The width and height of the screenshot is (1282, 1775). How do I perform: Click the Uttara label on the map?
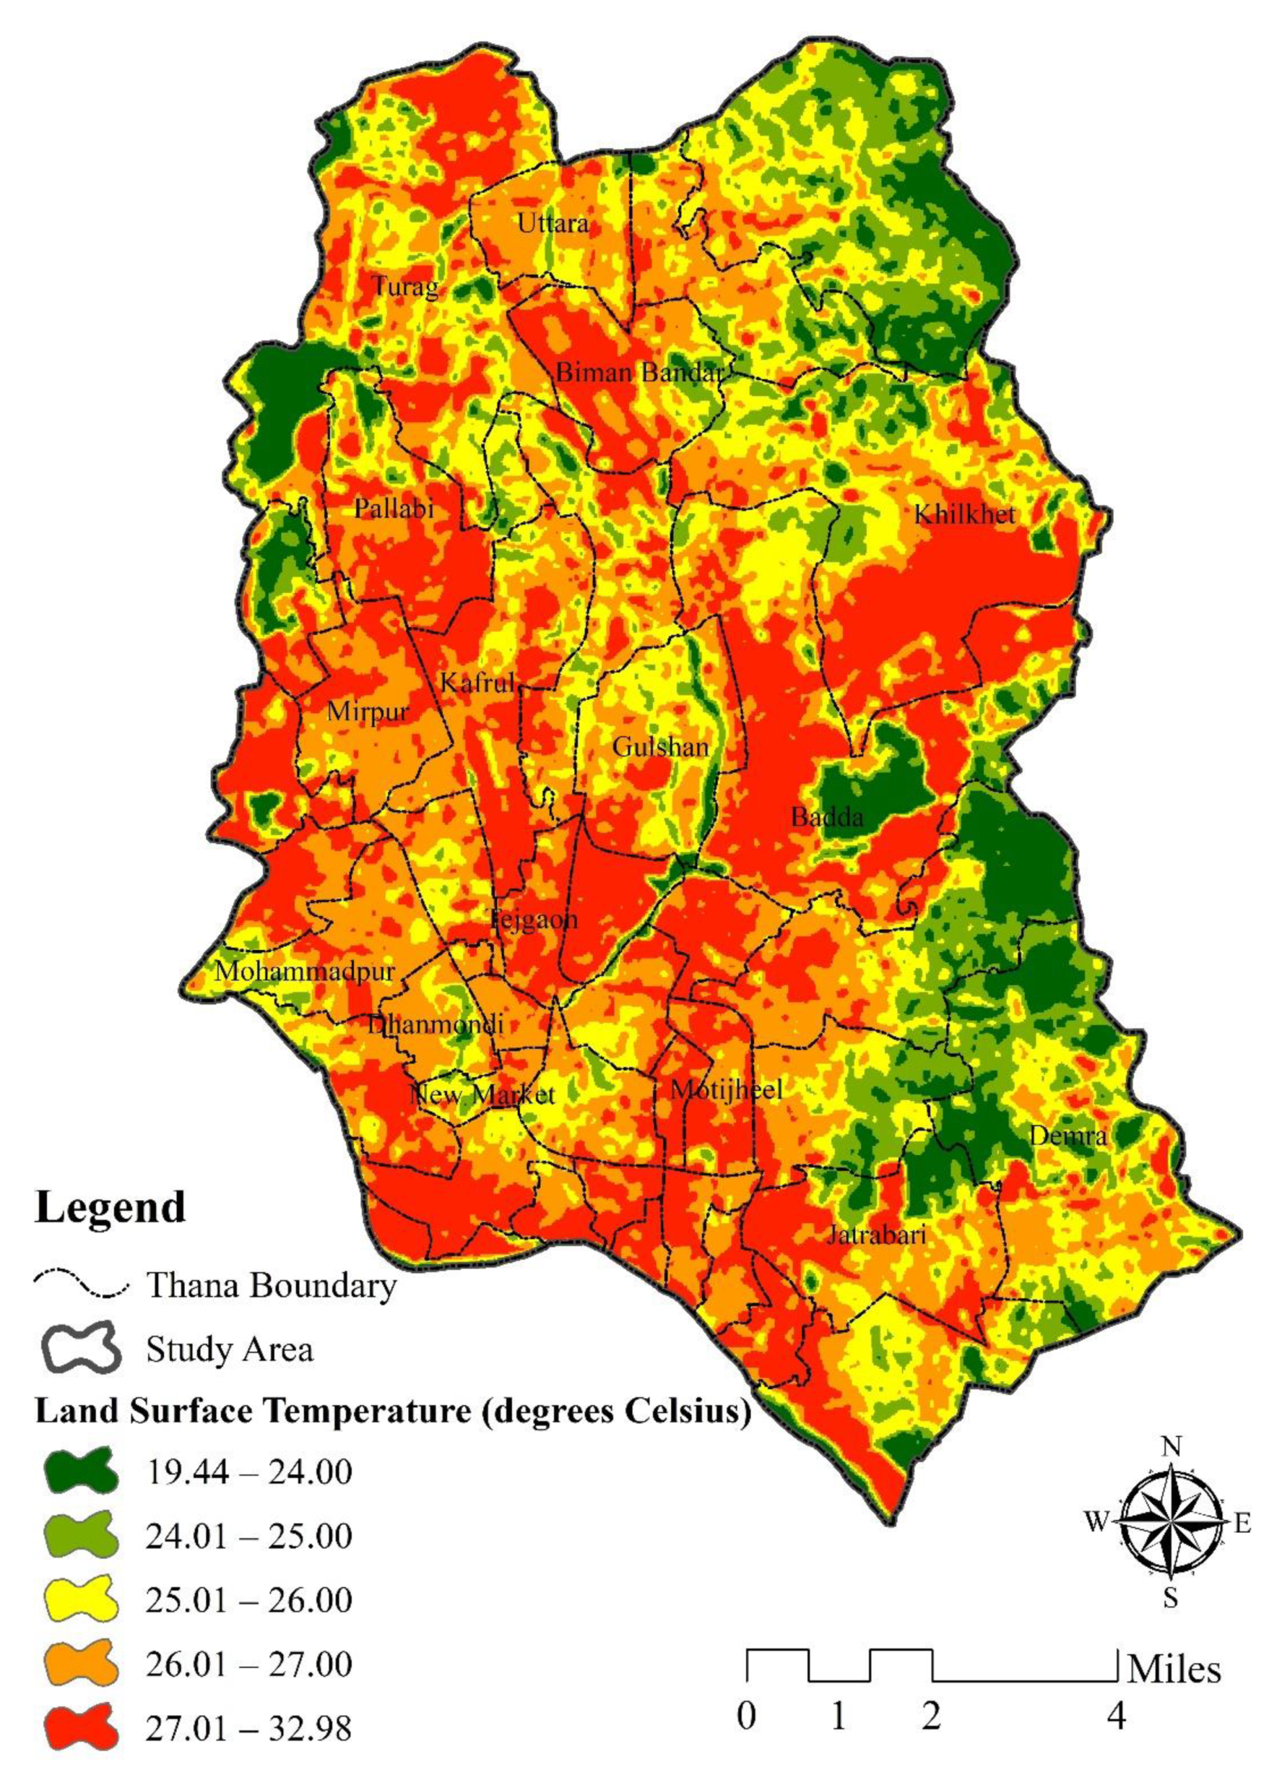[x=553, y=224]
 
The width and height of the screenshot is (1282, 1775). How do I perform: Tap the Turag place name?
[x=405, y=287]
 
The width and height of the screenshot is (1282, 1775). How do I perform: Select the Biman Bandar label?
[x=640, y=372]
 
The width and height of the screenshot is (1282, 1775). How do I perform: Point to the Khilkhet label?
[x=964, y=514]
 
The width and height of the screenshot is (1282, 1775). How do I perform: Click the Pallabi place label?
[x=394, y=509]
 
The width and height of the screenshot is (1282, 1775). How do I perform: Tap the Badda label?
[x=826, y=817]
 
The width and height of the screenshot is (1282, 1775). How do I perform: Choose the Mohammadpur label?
[x=305, y=971]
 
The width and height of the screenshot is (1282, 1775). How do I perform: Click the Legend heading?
[x=110, y=1208]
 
